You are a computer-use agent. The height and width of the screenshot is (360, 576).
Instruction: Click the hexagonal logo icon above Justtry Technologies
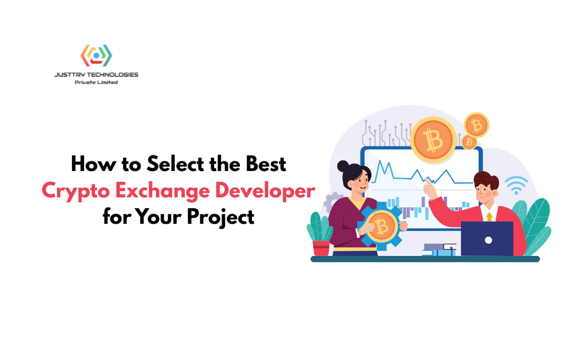point(97,56)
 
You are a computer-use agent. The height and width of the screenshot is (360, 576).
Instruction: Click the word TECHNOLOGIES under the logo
point(113,75)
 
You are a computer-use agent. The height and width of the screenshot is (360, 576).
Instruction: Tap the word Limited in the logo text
point(106,82)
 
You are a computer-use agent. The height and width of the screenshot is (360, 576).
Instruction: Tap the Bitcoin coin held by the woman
point(379,226)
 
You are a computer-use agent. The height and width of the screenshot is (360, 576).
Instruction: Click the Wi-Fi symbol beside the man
point(516,187)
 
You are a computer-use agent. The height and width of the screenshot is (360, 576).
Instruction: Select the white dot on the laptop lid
point(488,240)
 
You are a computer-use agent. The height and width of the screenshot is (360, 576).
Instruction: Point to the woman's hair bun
point(343,167)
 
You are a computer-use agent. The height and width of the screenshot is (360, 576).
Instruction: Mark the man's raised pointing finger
point(428,181)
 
